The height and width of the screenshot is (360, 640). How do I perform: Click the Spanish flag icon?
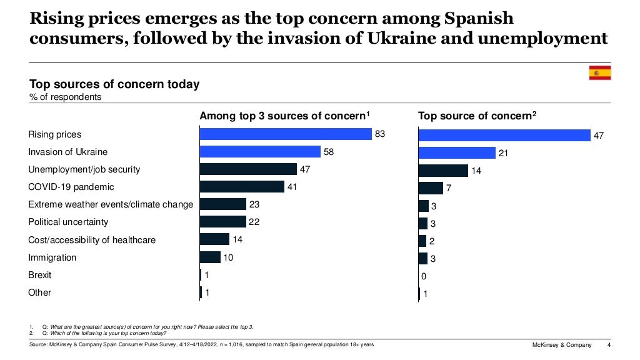click(599, 73)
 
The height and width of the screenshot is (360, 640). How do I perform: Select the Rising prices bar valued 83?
click(286, 134)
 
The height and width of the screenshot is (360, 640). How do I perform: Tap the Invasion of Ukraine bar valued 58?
click(259, 152)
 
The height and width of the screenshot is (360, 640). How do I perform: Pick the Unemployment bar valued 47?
click(248, 169)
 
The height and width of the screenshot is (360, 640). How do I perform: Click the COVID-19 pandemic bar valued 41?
click(242, 187)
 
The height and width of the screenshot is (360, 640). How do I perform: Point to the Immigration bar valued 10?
click(210, 257)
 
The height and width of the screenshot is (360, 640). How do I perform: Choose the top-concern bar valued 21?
click(456, 153)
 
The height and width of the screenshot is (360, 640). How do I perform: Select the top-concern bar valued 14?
click(442, 171)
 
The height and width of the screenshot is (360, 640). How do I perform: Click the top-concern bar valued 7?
click(430, 188)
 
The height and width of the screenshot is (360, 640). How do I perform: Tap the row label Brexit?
click(40, 275)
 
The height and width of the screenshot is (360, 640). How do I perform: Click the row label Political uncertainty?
click(68, 222)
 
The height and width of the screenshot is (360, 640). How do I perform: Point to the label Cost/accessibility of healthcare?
click(92, 240)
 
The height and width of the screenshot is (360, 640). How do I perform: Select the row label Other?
click(39, 292)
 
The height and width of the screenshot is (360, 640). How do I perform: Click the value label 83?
click(380, 134)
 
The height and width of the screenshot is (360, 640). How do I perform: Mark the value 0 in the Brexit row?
click(424, 276)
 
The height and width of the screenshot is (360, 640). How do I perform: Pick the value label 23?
click(254, 204)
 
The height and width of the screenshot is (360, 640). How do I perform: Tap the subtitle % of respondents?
click(65, 97)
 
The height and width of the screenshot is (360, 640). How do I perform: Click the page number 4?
click(609, 346)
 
